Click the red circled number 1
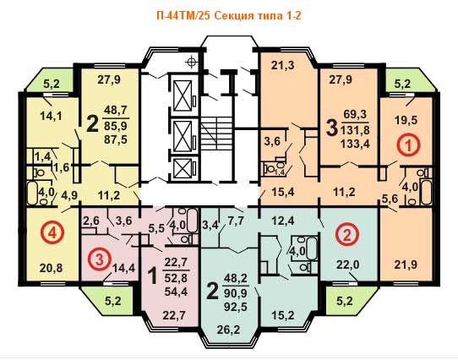[x=409, y=145]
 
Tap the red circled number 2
[x=346, y=235]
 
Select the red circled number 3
[x=100, y=259]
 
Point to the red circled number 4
[x=52, y=233]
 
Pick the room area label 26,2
[x=229, y=330]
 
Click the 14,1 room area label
[x=51, y=117]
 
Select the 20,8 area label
[x=52, y=267]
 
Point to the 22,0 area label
[x=347, y=265]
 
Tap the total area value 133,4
[x=355, y=144]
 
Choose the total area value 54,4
[x=175, y=292]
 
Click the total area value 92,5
[x=236, y=307]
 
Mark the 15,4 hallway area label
[x=282, y=192]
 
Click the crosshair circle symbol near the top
[x=192, y=62]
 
